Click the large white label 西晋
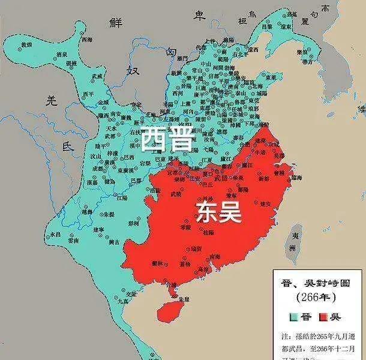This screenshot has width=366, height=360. (167, 140)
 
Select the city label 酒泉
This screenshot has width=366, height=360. (61, 54)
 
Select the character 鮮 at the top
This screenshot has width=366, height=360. (115, 22)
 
